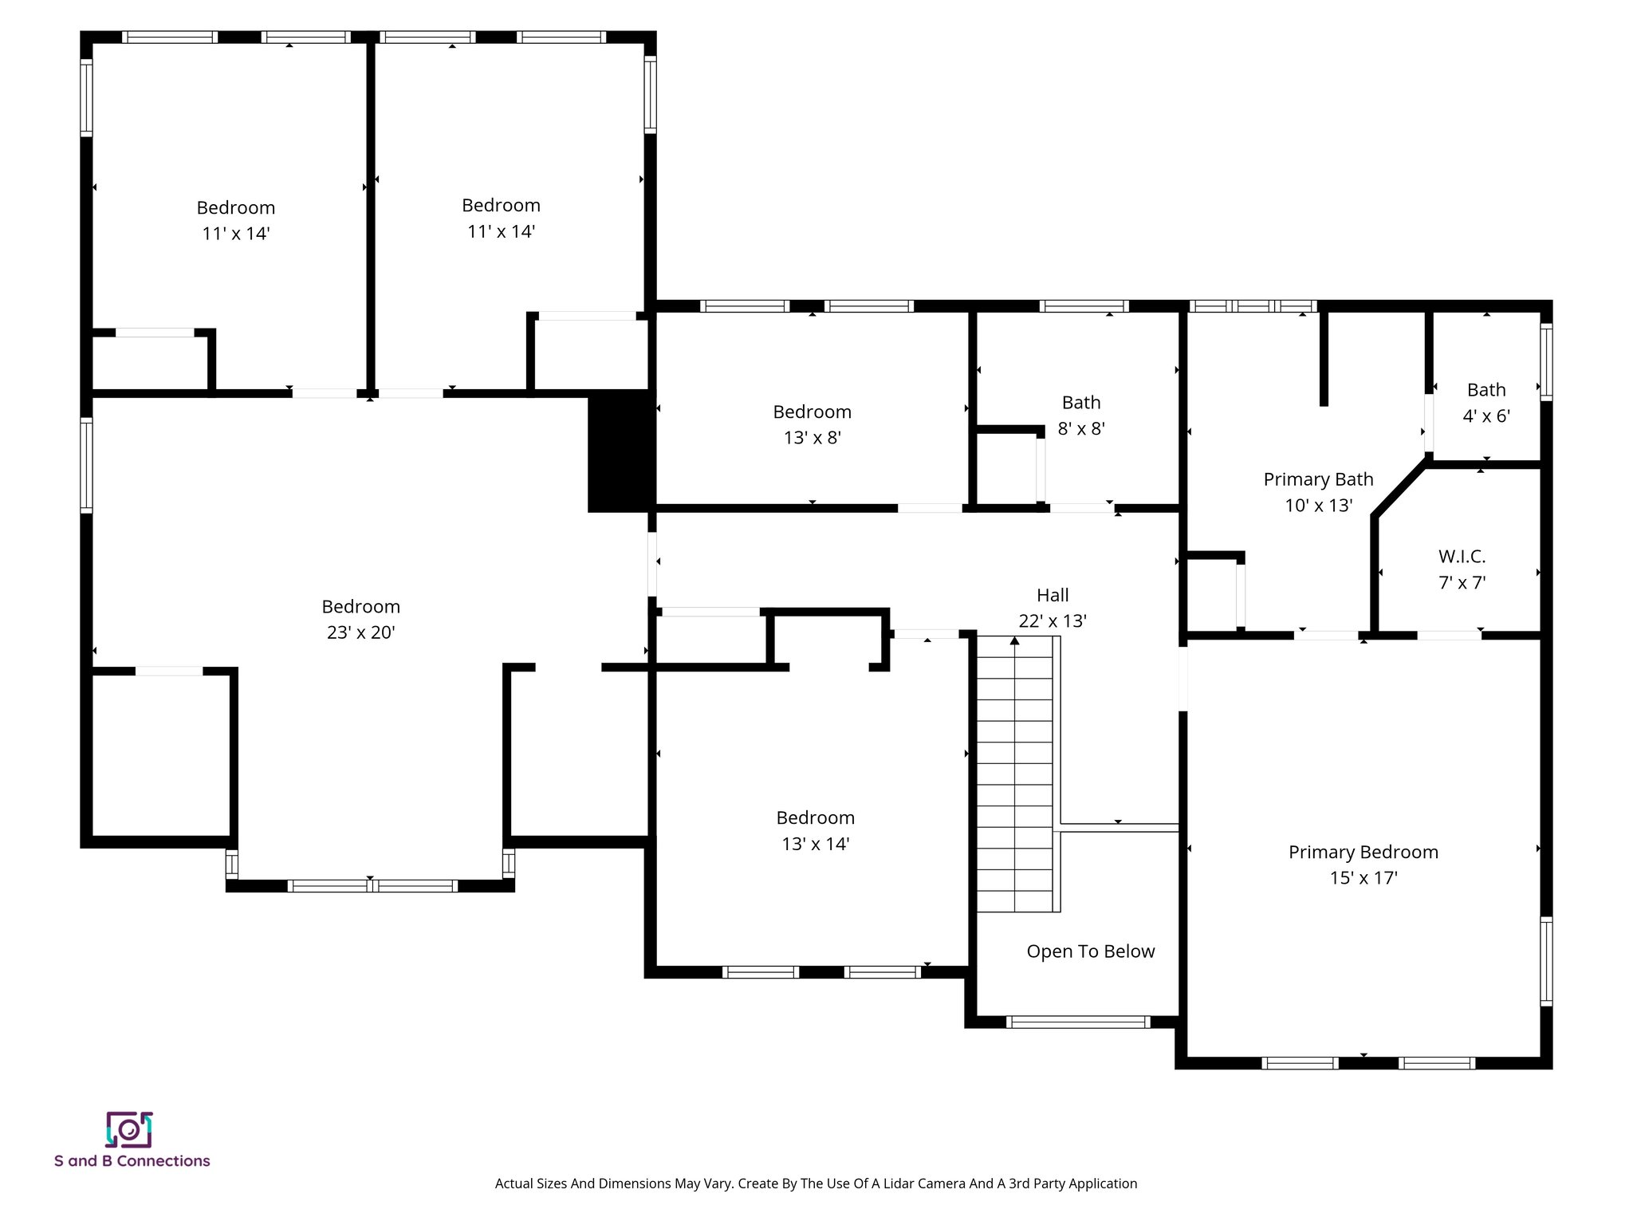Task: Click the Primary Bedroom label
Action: coord(1363,852)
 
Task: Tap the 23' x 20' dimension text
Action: coord(360,632)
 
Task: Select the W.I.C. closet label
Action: coord(1462,557)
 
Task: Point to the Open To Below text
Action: coord(1090,951)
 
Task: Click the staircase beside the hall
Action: coord(1016,774)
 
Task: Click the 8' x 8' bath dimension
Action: coord(1080,429)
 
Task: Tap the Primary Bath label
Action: coord(1318,479)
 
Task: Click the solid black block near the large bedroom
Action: coord(620,451)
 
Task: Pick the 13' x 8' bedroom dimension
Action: coord(812,438)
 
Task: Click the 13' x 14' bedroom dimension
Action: coord(815,844)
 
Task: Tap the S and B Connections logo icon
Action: coord(129,1129)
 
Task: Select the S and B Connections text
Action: coord(132,1161)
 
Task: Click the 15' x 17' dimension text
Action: coord(1363,878)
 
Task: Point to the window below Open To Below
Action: coord(1077,1022)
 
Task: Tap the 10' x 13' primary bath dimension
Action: coord(1318,506)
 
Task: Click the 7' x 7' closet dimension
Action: coord(1462,583)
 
